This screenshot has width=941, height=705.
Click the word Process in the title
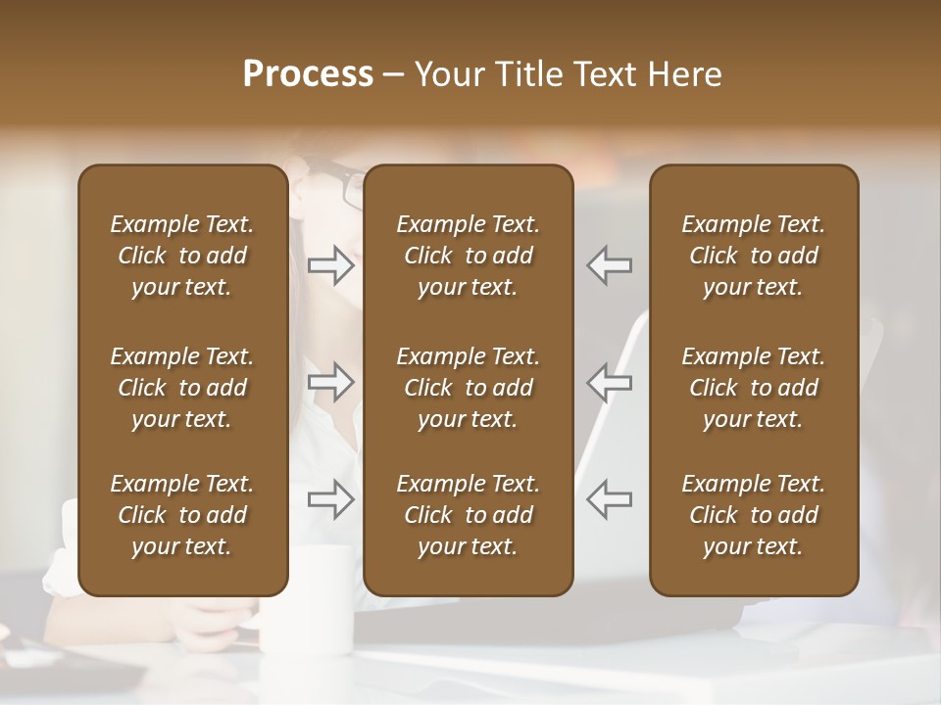point(308,74)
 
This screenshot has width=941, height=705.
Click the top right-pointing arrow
point(331,265)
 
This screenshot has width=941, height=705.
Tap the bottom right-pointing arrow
point(331,499)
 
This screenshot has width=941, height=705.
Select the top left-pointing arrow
point(609,265)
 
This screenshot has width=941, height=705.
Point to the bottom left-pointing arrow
point(609,499)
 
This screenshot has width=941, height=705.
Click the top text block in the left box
point(182,256)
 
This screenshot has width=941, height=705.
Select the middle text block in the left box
point(182,388)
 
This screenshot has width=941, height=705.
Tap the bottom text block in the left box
point(182,515)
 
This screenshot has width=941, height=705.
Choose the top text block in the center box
point(469,256)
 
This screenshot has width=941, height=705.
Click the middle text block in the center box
point(469,388)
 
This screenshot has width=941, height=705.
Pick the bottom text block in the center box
point(469,515)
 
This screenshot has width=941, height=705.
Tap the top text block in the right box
point(754,256)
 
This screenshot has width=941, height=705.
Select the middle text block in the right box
point(754,388)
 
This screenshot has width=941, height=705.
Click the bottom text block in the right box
point(754,515)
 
